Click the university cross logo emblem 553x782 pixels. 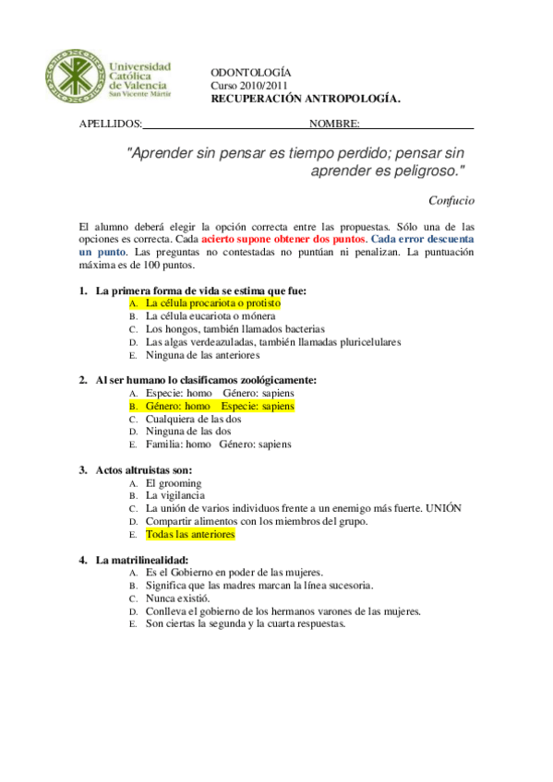coord(73,77)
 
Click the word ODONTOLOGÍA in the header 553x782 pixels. coord(251,71)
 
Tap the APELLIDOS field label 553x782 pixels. coord(111,123)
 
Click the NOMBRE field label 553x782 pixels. coord(334,123)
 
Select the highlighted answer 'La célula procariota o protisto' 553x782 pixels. coord(212,302)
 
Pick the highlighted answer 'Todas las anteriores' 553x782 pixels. coord(190,534)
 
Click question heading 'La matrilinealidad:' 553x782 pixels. coord(141,560)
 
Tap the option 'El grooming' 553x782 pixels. coord(174,483)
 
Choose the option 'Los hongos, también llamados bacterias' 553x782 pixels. coord(235,328)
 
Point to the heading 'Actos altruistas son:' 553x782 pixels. coord(144,470)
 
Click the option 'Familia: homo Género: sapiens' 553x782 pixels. coord(218,444)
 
